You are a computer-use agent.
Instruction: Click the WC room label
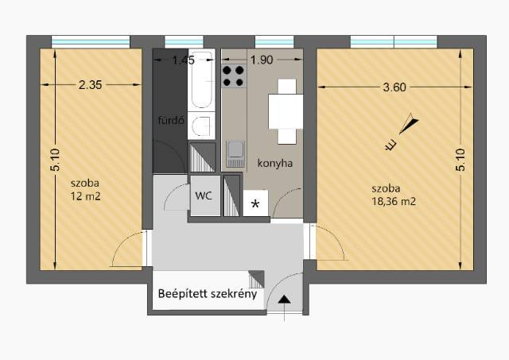[x=204, y=195]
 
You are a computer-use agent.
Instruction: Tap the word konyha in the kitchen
[x=275, y=163]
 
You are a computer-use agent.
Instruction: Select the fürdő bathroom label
[x=171, y=120]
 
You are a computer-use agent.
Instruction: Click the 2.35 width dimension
[x=90, y=85]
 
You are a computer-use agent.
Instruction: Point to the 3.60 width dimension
[x=394, y=87]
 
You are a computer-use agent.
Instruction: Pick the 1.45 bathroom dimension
[x=184, y=60]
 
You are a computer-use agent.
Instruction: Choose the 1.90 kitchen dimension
[x=262, y=60]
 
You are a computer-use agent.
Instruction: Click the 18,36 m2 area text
[x=394, y=201]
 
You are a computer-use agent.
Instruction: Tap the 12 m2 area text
[x=86, y=196]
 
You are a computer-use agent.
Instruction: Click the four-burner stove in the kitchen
[x=233, y=76]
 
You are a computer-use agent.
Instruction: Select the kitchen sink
[x=235, y=153]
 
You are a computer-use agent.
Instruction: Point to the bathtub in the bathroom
[x=201, y=79]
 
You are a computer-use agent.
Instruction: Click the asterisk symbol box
[x=255, y=203]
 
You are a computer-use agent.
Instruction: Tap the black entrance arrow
[x=285, y=300]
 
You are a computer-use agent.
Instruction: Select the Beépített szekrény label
[x=208, y=294]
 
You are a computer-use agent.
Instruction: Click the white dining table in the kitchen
[x=286, y=111]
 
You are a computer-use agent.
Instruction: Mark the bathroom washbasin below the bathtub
[x=201, y=126]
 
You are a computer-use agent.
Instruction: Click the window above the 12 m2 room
[x=91, y=42]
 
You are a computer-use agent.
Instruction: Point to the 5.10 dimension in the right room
[x=460, y=160]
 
